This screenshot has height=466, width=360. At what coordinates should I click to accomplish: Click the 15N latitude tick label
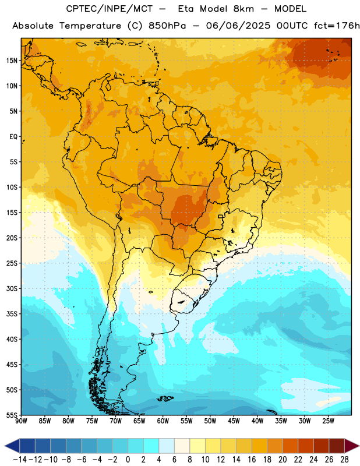12,61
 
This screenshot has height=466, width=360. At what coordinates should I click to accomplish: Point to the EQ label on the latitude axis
13,137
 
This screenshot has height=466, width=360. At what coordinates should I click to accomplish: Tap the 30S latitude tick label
12,288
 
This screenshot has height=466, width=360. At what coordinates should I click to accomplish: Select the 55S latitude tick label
12,415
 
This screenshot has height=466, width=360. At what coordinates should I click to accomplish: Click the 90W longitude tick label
21,421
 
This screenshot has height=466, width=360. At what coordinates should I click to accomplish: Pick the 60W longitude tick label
163,421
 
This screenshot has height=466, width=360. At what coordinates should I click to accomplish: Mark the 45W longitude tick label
234,421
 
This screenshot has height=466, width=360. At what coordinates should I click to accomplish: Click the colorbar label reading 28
344,460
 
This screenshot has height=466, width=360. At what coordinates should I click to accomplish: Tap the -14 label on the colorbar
20,460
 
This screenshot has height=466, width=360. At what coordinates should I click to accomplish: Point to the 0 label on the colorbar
128,460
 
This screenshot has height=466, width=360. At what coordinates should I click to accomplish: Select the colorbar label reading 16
252,460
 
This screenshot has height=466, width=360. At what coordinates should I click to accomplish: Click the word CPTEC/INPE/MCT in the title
110,9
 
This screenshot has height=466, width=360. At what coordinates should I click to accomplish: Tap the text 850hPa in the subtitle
167,26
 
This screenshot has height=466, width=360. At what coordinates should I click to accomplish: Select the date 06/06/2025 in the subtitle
238,26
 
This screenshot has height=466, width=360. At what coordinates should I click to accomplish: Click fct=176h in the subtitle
337,26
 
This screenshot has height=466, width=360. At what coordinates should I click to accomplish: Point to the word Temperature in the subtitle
90,26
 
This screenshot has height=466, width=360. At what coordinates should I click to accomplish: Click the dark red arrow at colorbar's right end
352,446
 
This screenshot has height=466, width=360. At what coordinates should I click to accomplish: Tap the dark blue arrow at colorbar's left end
12,446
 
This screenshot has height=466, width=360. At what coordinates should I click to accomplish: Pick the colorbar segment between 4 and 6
167,446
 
